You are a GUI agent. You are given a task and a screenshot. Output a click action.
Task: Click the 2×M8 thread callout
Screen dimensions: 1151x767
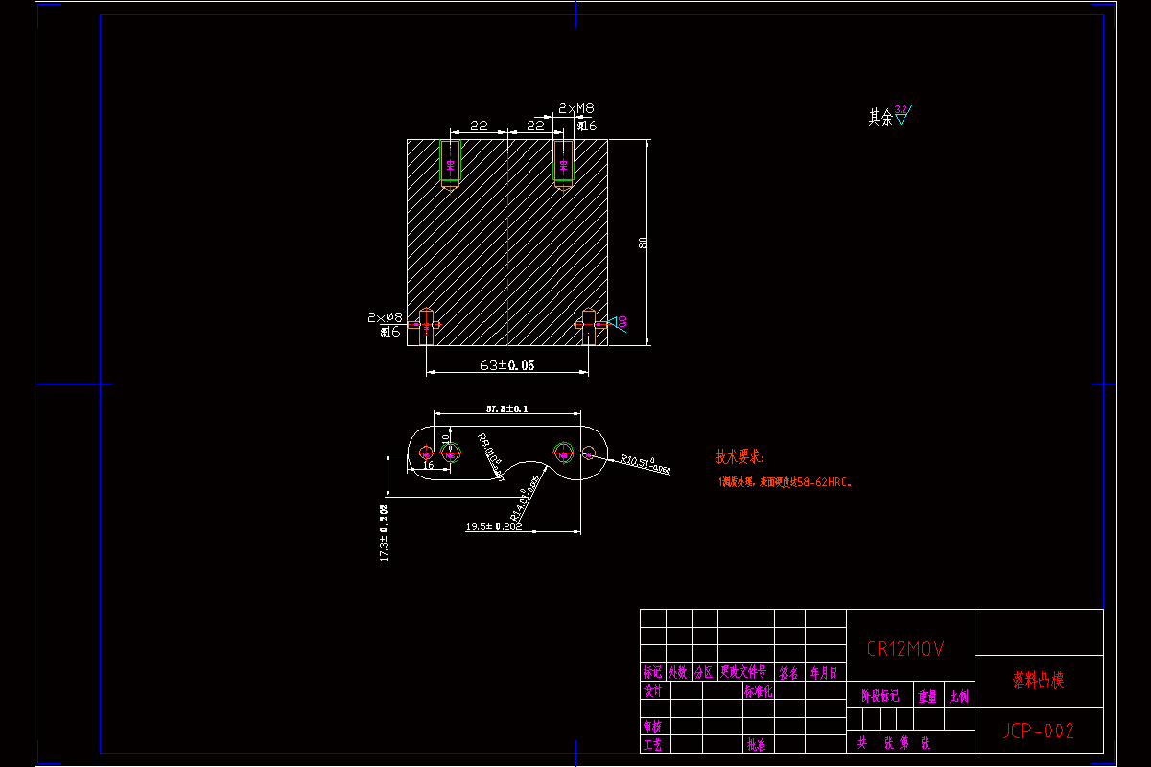click(575, 109)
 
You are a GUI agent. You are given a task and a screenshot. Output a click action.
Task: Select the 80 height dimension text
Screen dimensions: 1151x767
click(642, 244)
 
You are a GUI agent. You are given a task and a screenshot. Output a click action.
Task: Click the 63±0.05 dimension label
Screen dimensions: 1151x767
click(507, 365)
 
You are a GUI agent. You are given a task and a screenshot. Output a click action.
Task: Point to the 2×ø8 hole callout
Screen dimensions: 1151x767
click(385, 316)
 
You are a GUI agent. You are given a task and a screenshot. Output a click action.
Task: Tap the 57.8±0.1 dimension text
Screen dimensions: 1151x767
click(506, 409)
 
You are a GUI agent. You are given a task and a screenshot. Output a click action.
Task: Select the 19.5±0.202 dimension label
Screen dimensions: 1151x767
click(494, 526)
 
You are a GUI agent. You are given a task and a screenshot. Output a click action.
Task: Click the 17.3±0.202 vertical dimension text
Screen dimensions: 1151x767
click(384, 533)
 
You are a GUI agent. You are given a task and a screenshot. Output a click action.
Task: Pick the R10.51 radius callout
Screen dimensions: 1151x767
click(645, 465)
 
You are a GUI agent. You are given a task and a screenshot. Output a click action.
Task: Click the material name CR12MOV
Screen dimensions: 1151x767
click(905, 649)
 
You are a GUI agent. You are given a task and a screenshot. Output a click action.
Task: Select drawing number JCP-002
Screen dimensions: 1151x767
click(1039, 732)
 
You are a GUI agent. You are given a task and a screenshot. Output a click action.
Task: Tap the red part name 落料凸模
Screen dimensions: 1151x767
click(1039, 681)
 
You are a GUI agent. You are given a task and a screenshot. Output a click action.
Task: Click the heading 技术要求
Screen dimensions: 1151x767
click(740, 457)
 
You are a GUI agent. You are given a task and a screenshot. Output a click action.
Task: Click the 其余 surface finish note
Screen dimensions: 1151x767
click(881, 117)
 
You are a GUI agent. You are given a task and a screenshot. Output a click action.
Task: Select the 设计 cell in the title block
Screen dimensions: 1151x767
click(652, 690)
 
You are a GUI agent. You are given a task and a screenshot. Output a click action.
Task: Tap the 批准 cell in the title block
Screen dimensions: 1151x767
click(757, 743)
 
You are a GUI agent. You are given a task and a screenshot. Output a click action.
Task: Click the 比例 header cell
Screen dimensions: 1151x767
click(958, 696)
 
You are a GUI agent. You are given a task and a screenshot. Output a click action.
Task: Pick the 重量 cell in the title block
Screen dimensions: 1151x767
click(927, 696)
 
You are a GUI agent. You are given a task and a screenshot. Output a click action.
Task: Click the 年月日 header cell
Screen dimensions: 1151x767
click(823, 673)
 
